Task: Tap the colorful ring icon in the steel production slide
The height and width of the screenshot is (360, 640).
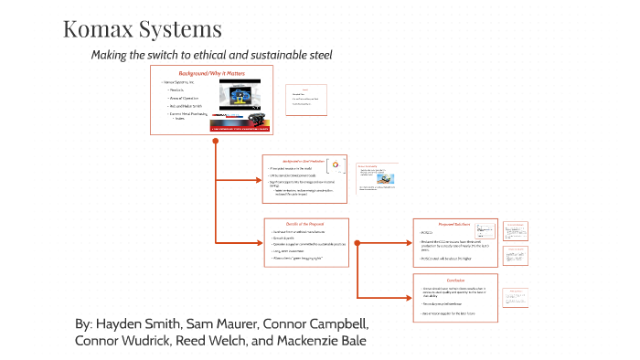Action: point(335,164)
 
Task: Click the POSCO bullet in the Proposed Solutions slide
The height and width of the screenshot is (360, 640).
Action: point(428,234)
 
